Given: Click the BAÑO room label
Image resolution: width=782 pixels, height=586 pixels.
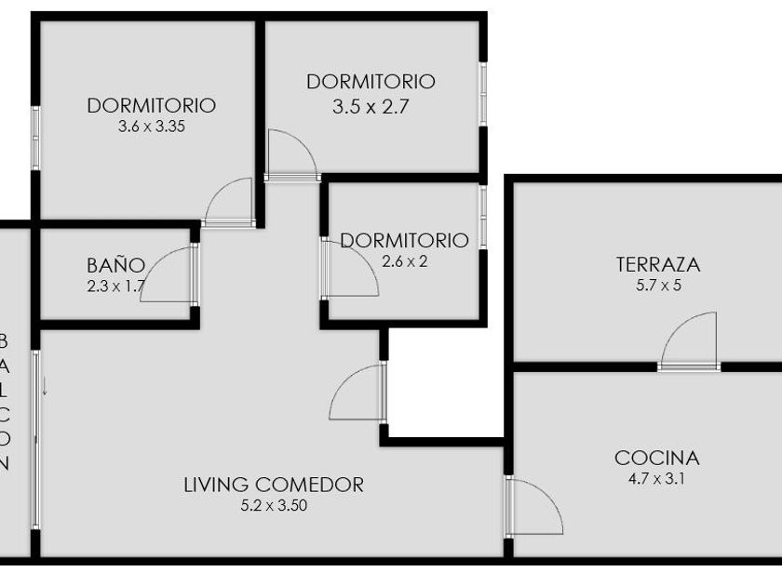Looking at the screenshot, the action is (x=115, y=266).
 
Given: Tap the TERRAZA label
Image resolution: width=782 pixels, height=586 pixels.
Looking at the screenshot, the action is (x=658, y=264).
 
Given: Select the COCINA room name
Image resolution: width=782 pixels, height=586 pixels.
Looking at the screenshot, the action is (x=657, y=458).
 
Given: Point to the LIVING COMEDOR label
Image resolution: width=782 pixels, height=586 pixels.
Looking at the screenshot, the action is (x=274, y=485).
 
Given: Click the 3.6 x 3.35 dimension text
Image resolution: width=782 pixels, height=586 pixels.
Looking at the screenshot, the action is (x=152, y=127).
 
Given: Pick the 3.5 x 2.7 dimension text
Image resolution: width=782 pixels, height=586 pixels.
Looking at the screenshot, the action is (x=371, y=107).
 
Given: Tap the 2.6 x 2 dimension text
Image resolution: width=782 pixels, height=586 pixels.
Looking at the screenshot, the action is (x=404, y=261).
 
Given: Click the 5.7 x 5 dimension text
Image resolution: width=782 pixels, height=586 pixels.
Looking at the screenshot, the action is (x=658, y=286).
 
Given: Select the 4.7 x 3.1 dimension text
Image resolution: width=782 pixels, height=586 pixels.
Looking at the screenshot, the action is (x=656, y=479).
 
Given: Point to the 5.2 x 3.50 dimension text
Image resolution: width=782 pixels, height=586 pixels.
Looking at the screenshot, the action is (x=274, y=505).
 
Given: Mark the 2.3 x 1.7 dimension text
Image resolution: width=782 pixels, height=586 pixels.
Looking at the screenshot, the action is (x=115, y=286).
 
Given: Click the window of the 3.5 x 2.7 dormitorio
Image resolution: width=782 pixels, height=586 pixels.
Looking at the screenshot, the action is (x=483, y=94).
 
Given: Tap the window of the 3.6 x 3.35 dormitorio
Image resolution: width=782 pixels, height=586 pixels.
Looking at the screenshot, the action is (x=35, y=138).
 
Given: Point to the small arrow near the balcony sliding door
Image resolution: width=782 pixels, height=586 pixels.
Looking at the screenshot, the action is (x=45, y=387).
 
